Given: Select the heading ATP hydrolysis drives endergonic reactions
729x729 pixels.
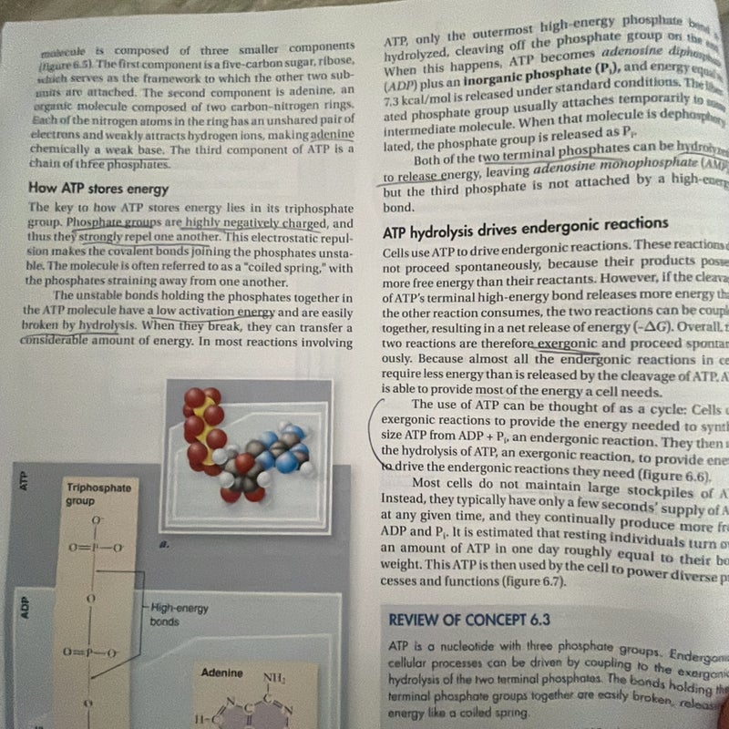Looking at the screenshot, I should pos(526,222).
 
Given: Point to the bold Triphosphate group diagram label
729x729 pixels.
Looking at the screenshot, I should pos(98,494).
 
